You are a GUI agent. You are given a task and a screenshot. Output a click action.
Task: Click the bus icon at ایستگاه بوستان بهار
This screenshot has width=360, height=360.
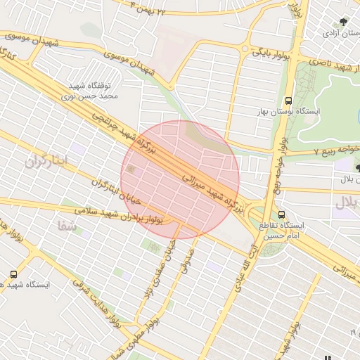click(289, 101)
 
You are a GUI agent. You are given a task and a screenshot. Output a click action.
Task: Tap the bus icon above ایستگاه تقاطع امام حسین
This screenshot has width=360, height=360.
click(282, 214)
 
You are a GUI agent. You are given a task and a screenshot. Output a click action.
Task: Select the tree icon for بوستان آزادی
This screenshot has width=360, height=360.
click(342, 22)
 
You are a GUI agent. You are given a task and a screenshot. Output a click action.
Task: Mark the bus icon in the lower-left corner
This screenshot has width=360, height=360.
click(14, 274)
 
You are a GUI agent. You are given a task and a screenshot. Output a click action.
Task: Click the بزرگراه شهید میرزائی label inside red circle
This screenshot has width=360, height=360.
click(211, 191)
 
